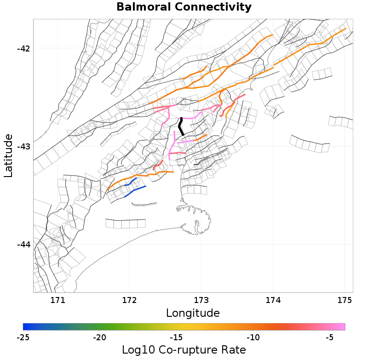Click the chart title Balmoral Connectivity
(x=184, y=7)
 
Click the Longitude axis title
(x=192, y=314)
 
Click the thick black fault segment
(x=181, y=126)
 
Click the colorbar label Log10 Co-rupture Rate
(x=184, y=350)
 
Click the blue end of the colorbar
(x=25, y=326)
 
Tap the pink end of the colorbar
(x=343, y=326)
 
